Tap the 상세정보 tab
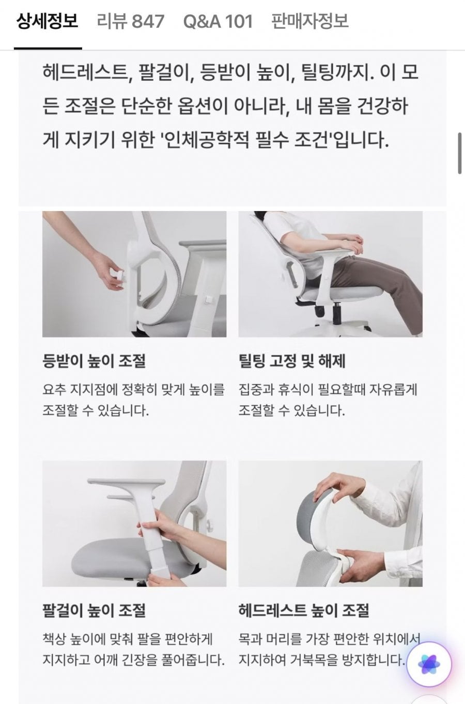point(47,21)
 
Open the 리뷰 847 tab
point(130,21)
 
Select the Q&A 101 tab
point(218,21)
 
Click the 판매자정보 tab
point(310,21)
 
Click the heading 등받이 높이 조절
point(94,361)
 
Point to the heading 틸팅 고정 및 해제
point(292,361)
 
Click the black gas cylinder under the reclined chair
point(337,313)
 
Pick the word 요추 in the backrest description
point(54,390)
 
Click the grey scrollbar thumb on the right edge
point(460,153)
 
